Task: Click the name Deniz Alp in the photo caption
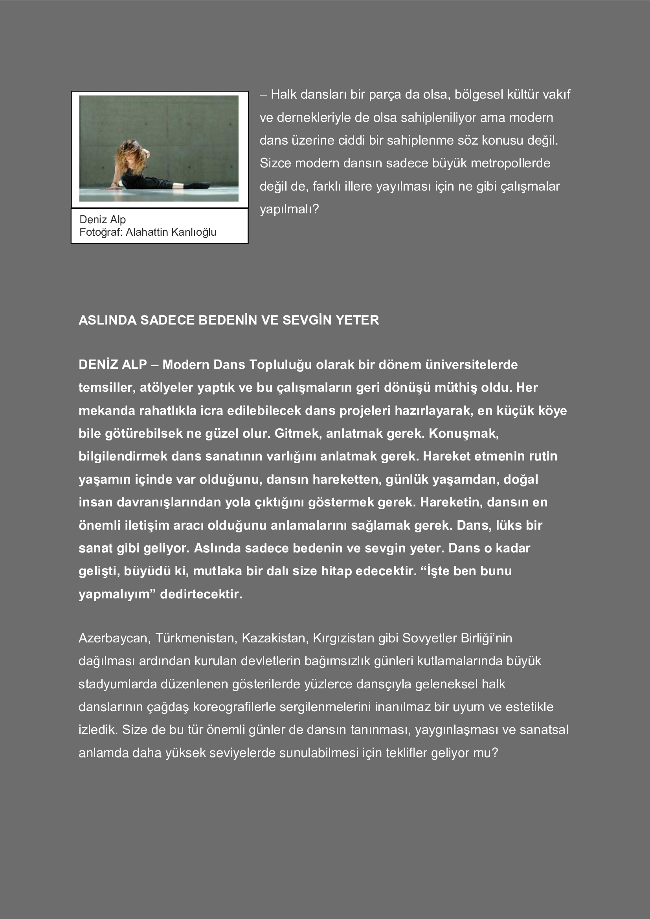(x=103, y=219)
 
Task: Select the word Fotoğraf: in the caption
(x=101, y=232)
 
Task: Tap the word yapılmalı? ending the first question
(x=289, y=209)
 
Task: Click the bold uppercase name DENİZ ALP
(x=112, y=365)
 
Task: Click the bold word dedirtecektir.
(x=201, y=594)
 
